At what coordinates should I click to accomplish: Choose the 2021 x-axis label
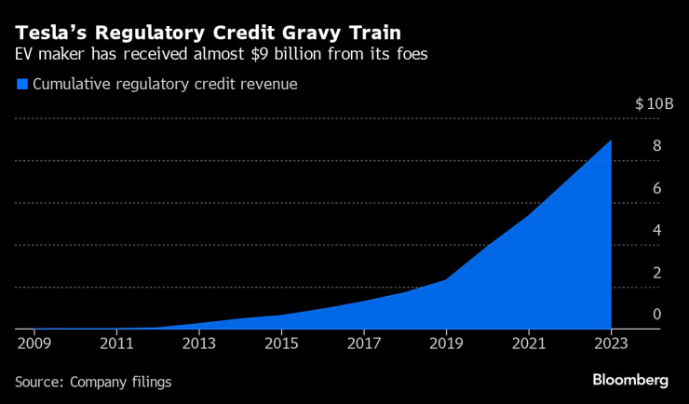(x=528, y=344)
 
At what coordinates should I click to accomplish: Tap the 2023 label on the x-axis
(x=611, y=344)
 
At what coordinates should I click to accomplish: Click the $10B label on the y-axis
(x=654, y=103)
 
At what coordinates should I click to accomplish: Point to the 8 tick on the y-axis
(x=656, y=146)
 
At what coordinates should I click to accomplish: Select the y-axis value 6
(x=656, y=188)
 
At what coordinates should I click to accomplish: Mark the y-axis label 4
(x=656, y=230)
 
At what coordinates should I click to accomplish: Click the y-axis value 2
(x=656, y=273)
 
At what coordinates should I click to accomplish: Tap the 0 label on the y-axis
(x=656, y=315)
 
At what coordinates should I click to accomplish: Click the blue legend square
(x=21, y=85)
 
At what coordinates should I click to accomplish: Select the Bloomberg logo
(x=631, y=380)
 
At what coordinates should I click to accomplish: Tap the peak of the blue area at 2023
(x=611, y=141)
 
